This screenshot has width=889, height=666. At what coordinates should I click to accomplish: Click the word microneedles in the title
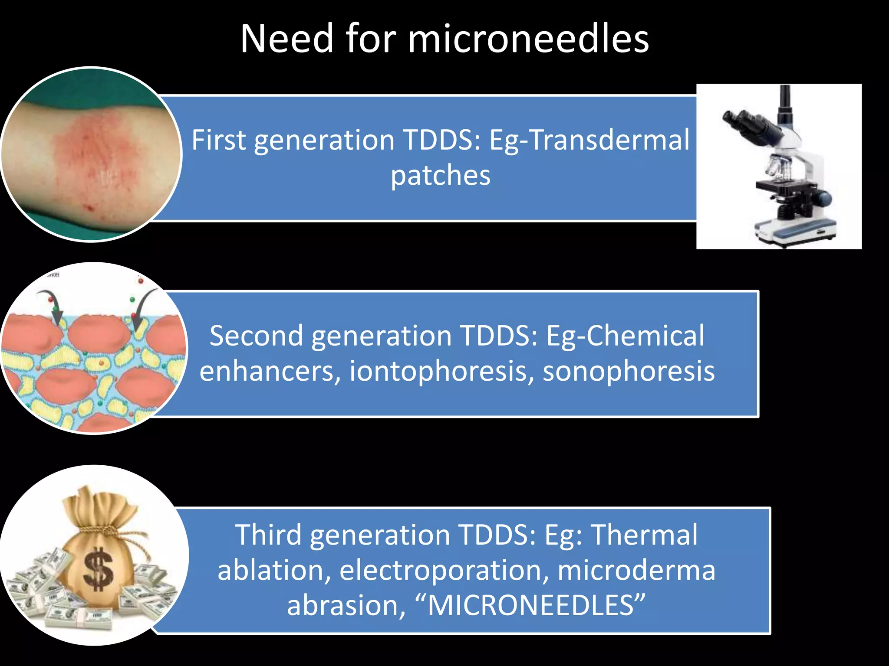528,39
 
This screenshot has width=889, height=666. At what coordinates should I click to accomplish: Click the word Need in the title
287,39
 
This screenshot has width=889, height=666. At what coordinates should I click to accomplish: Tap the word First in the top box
219,140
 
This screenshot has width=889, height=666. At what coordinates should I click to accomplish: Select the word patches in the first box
441,176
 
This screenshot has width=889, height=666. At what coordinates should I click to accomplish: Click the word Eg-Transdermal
589,141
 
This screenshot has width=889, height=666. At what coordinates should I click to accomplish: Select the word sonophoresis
628,372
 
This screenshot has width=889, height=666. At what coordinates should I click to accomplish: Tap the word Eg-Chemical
625,336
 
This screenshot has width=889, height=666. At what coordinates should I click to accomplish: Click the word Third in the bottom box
268,535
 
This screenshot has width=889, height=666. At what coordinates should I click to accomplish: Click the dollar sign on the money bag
99,569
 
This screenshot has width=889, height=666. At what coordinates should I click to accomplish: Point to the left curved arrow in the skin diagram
51,306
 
